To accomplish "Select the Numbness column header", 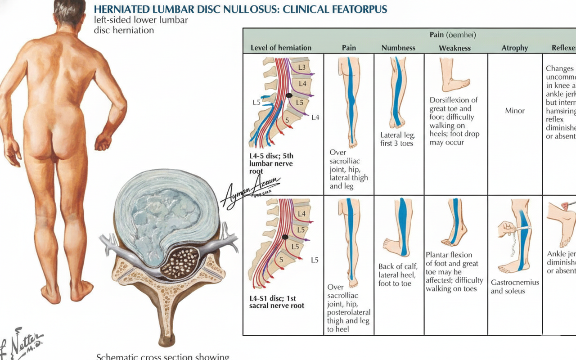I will click(x=398, y=48).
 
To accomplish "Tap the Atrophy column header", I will click(x=515, y=48).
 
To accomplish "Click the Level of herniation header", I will click(x=281, y=48).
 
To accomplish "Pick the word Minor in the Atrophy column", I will click(x=515, y=110).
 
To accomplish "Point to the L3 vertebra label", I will click(x=301, y=67).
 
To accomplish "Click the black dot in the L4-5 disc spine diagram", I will click(x=289, y=95).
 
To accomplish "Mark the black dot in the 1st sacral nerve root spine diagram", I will click(x=285, y=237).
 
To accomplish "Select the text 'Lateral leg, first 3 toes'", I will click(x=397, y=139).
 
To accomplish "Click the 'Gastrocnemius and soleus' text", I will click(x=514, y=287).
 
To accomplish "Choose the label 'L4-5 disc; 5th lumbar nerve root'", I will click(x=271, y=163).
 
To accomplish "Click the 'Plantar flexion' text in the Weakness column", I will click(x=449, y=255).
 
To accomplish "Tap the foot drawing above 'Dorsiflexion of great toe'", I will click(x=454, y=76).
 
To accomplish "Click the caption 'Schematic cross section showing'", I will click(x=162, y=357).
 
